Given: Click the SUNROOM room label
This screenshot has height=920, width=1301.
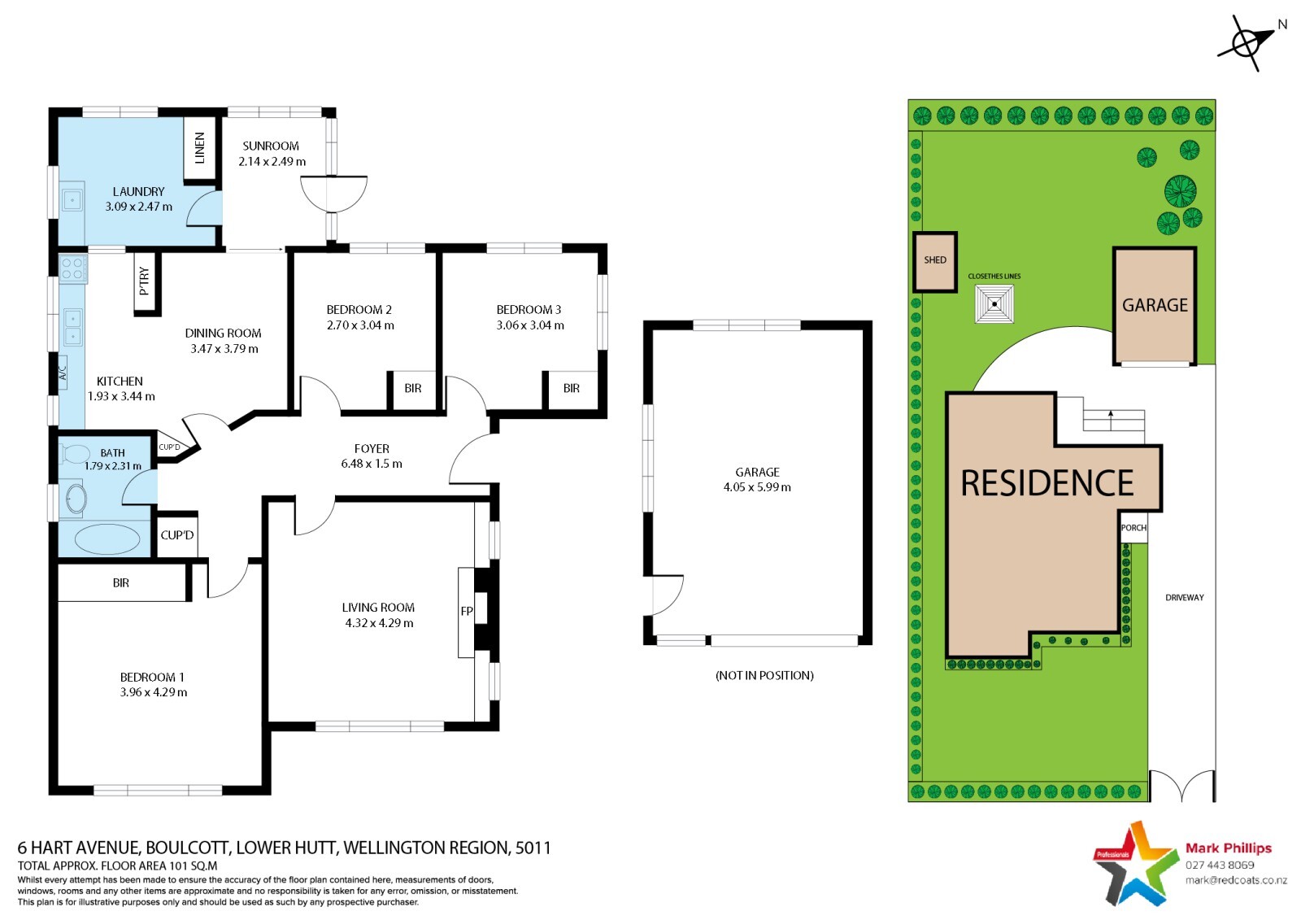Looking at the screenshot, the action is tap(271, 146).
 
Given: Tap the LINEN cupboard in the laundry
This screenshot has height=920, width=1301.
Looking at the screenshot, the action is tap(200, 148).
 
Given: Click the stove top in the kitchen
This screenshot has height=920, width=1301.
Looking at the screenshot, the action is tap(72, 268).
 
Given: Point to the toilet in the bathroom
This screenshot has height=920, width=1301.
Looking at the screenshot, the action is tap(74, 453).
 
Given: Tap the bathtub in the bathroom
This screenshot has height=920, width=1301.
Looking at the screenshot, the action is tap(107, 538).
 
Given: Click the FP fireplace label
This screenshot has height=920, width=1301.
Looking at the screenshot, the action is tap(467, 612).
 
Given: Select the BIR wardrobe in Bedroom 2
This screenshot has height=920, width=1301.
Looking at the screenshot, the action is tap(411, 389).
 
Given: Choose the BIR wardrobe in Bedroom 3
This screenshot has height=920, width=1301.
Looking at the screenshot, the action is tap(570, 389).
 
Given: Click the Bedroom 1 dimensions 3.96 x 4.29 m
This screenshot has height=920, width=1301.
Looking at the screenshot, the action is tap(154, 692).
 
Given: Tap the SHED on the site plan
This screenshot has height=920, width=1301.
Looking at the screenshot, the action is tap(934, 262).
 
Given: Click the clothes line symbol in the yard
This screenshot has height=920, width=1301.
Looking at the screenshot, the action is tap(994, 304).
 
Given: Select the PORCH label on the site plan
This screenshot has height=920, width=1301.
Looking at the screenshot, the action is tap(1133, 528).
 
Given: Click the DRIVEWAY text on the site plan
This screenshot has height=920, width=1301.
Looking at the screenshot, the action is tap(1184, 597).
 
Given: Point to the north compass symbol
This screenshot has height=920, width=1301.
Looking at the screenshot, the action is tap(1246, 43).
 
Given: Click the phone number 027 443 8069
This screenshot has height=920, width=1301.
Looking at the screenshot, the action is tap(1220, 865).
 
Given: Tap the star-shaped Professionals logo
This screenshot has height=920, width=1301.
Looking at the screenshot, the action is tap(1131, 864).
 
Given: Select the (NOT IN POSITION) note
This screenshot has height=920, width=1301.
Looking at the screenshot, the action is tap(764, 675).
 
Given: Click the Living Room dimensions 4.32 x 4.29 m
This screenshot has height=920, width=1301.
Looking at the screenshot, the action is tap(379, 623).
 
